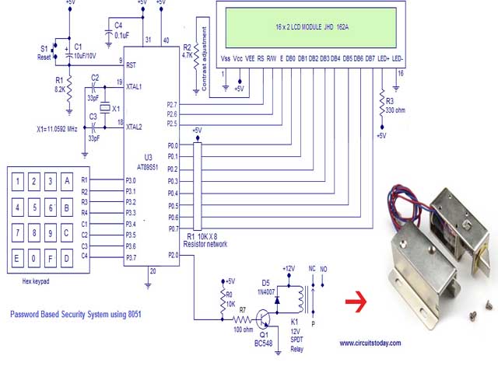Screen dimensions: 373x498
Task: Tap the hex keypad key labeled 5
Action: coord(33,207)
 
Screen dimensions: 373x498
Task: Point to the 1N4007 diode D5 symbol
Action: coord(278,297)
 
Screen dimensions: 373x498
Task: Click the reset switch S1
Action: coord(54,48)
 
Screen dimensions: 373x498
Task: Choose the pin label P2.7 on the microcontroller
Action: coord(171,104)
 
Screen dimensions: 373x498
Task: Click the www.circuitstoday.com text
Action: coord(370,343)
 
